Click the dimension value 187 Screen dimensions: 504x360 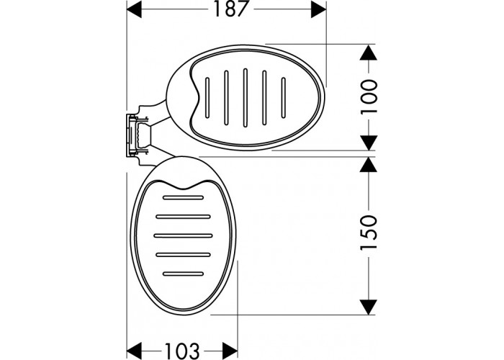(230, 9)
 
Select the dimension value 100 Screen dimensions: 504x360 (369, 96)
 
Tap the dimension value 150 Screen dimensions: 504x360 (369, 233)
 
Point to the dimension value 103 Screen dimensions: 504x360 (182, 351)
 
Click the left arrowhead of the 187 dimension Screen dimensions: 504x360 (134, 9)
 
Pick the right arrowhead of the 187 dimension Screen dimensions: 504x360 (318, 9)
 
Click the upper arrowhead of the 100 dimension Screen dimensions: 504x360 (369, 52)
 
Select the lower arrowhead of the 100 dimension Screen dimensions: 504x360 (369, 143)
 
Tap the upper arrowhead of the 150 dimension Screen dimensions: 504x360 (369, 165)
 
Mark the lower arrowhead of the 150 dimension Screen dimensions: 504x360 (369, 307)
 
